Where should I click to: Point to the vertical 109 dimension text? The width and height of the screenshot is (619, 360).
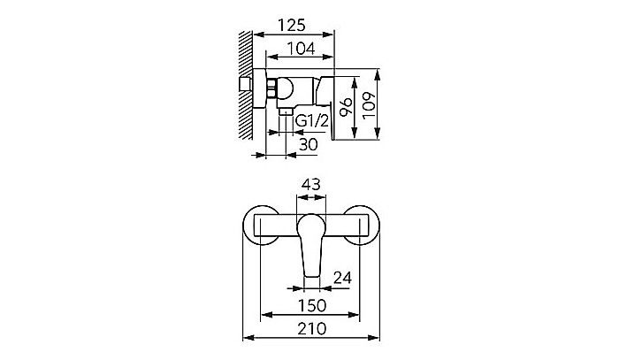pyautogui.click(x=371, y=107)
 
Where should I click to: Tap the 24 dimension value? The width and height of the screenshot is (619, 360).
pyautogui.click(x=342, y=278)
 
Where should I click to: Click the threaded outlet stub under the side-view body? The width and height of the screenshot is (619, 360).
pyautogui.click(x=285, y=114)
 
